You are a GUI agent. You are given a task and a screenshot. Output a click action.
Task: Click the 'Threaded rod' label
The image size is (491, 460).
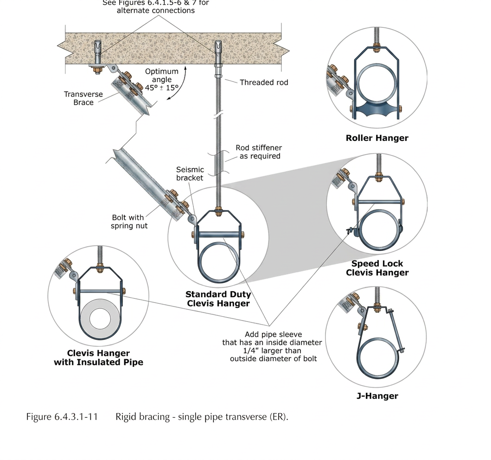click(x=264, y=83)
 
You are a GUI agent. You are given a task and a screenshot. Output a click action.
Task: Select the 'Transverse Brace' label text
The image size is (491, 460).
click(x=83, y=98)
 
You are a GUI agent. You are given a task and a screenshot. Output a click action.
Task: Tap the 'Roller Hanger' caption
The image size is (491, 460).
click(x=377, y=138)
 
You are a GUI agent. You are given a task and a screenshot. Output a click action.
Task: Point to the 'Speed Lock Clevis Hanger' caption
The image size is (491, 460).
click(x=377, y=268)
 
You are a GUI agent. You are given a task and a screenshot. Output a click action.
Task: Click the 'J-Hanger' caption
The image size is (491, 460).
click(x=377, y=396)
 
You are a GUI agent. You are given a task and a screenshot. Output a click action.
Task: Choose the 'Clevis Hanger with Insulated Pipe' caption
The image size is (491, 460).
click(x=98, y=358)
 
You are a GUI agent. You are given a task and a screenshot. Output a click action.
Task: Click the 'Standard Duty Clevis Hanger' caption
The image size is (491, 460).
click(x=218, y=299)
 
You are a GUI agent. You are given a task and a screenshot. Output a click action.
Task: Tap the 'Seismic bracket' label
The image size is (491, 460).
click(x=190, y=174)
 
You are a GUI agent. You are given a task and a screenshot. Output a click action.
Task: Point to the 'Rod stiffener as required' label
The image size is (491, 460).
click(x=259, y=152)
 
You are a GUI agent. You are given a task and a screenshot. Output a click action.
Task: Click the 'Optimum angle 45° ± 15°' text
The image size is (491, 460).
click(x=161, y=79)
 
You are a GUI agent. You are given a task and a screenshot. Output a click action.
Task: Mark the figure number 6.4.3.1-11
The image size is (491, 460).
click(x=62, y=417)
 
